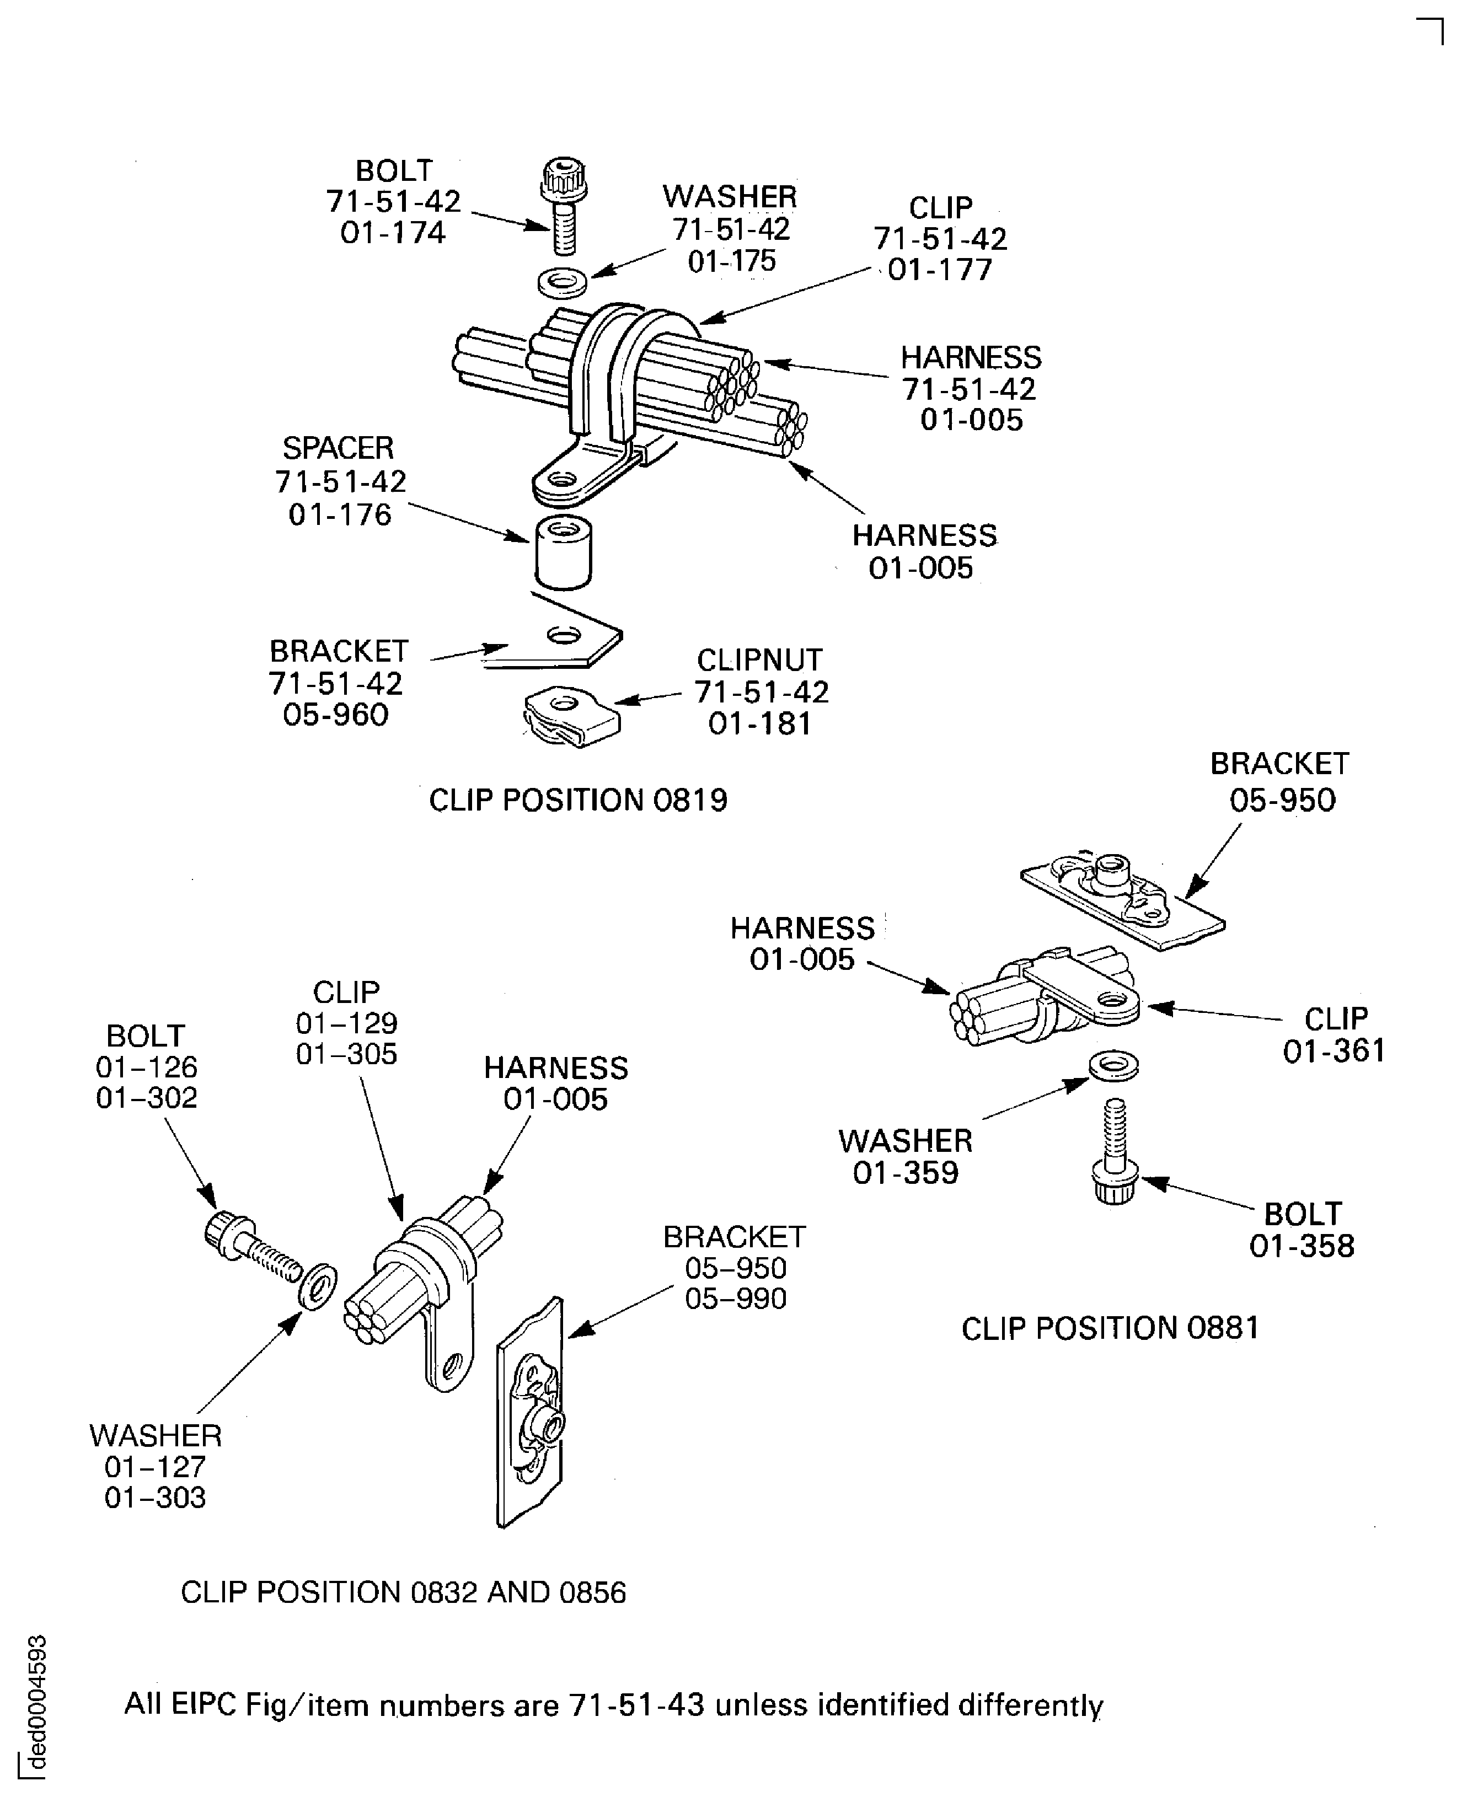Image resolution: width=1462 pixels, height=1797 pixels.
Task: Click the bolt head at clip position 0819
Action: (563, 179)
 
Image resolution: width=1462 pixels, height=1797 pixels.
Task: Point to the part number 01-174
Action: (393, 233)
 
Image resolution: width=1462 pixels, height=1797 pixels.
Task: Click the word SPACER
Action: (338, 448)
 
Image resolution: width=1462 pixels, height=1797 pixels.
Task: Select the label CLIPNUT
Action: (759, 659)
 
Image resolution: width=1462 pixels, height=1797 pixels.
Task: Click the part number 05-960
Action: (335, 715)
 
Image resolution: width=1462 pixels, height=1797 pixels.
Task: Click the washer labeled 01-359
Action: (1113, 1066)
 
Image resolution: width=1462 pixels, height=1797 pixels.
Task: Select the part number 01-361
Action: (1333, 1051)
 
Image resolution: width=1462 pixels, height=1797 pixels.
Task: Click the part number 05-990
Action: (735, 1299)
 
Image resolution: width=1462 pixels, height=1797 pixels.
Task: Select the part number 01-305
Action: (346, 1054)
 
